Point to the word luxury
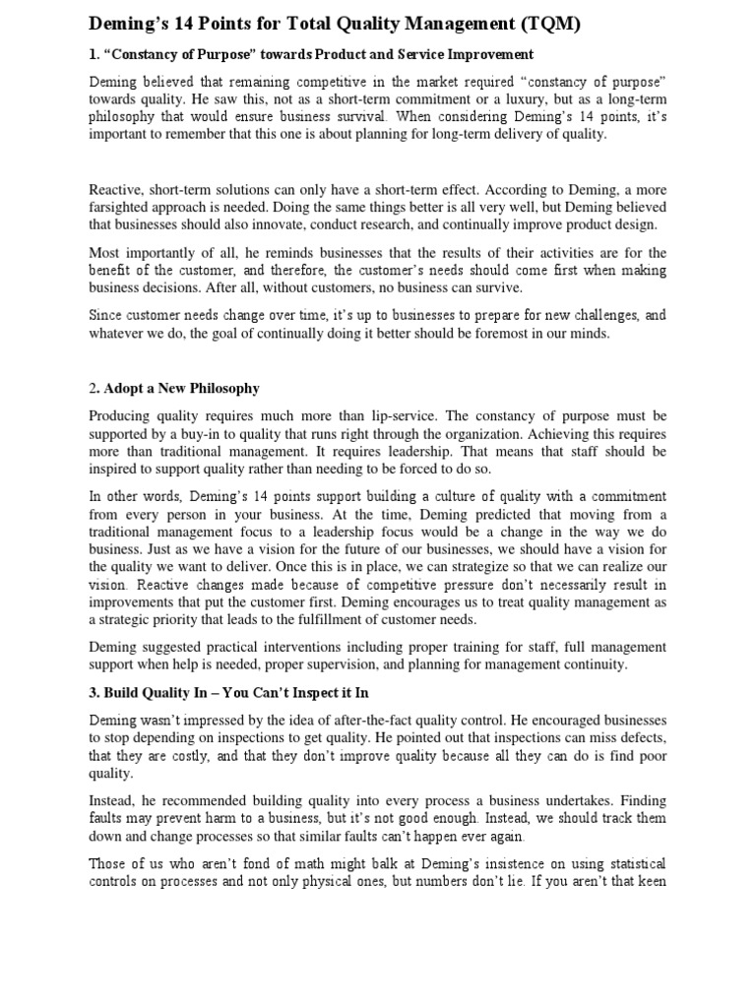coord(473,99)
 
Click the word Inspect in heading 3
coord(300,693)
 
